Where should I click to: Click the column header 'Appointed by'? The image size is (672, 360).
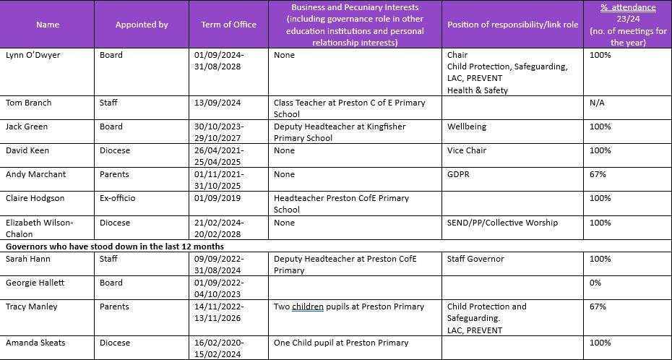pyautogui.click(x=142, y=25)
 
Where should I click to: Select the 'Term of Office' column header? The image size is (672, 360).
pyautogui.click(x=228, y=25)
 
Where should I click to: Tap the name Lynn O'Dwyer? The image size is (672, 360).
pyautogui.click(x=33, y=55)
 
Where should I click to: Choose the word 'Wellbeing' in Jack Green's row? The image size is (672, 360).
pyautogui.click(x=467, y=127)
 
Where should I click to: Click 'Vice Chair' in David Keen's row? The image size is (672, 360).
pyautogui.click(x=467, y=150)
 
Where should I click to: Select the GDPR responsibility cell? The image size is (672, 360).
pyautogui.click(x=459, y=174)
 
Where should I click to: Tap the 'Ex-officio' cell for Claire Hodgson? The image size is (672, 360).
pyautogui.click(x=117, y=198)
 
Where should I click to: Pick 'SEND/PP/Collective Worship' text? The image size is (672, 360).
pyautogui.click(x=502, y=223)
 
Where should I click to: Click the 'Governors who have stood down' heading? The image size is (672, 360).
pyautogui.click(x=115, y=247)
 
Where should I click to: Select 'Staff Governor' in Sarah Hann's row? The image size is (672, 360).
pyautogui.click(x=475, y=259)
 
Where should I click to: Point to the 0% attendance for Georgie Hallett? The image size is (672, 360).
pyautogui.click(x=595, y=283)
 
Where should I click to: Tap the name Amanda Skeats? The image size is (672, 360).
pyautogui.click(x=35, y=343)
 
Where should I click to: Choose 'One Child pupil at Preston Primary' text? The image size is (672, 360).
pyautogui.click(x=341, y=343)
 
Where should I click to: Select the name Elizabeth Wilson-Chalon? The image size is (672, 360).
pyautogui.click(x=39, y=228)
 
